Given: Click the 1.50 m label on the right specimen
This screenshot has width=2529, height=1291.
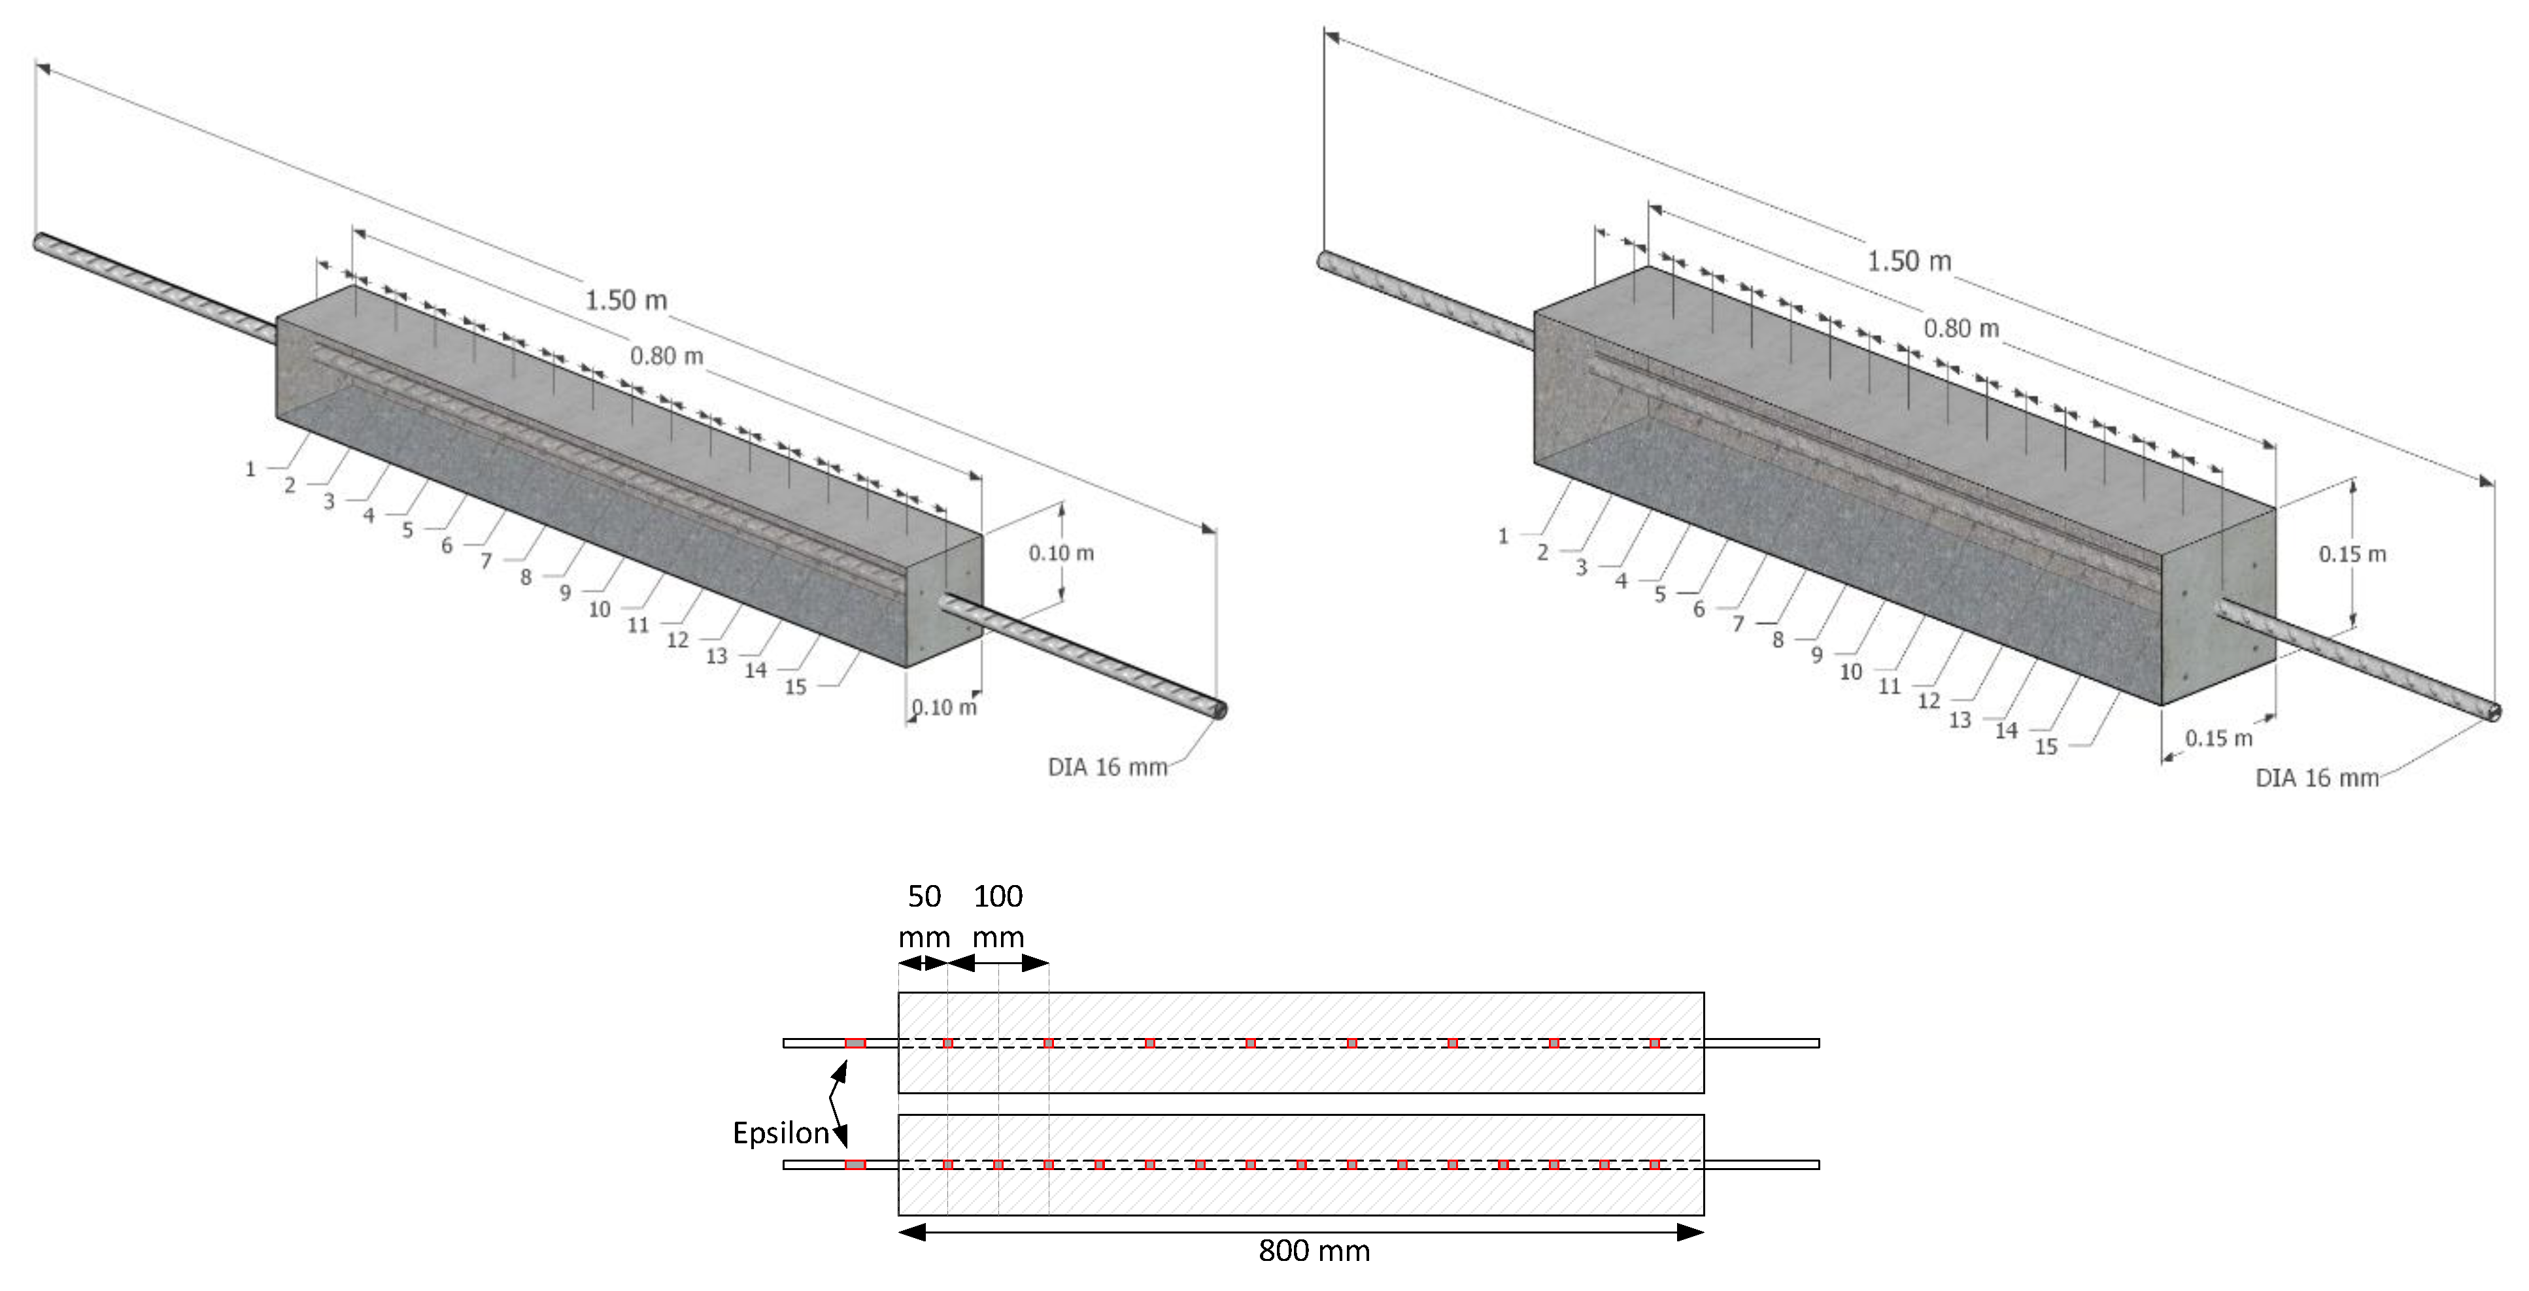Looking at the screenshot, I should coord(1909,261).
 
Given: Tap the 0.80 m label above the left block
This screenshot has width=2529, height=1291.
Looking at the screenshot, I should coord(667,356).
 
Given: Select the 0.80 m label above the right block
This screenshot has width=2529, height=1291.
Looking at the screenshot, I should coord(1961,328).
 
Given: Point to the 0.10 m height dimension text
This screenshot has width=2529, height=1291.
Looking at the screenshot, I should coord(1061,553).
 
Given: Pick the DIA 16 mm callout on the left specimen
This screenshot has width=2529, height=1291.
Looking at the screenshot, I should coord(1108,767).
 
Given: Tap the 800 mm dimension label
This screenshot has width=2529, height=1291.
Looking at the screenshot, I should coord(1314,1250).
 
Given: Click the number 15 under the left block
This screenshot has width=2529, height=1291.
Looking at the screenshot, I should coord(795,687).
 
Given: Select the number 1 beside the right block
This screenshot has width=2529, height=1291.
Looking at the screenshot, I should coord(1502,536).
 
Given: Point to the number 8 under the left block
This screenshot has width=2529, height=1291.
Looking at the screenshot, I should coord(525,577).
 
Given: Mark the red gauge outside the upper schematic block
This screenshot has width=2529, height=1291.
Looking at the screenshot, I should coord(855,1043).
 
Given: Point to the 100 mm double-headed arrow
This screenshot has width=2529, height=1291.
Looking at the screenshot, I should coord(998,963).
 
